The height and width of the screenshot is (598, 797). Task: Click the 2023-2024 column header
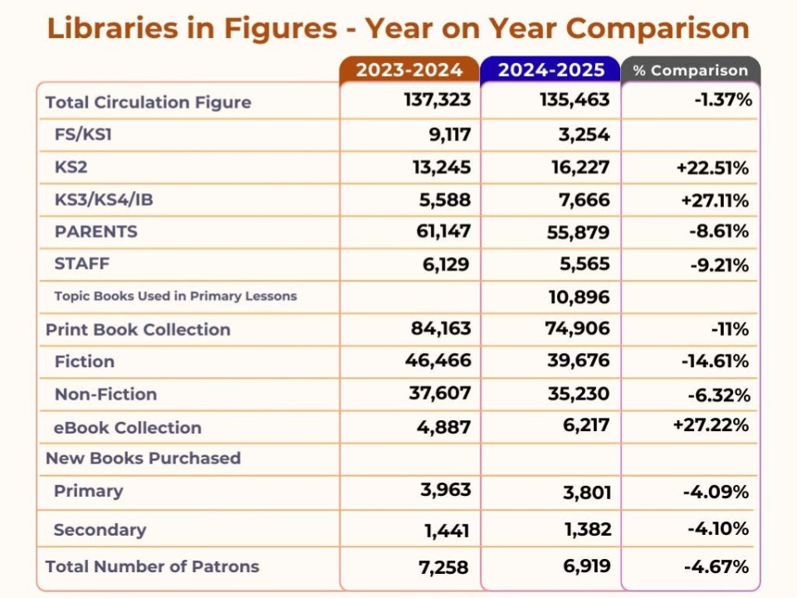[x=409, y=70]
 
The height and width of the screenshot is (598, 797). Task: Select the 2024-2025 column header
[x=550, y=70]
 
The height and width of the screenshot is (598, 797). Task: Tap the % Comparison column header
[x=690, y=71]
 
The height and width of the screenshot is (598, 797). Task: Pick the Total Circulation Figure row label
[x=148, y=102]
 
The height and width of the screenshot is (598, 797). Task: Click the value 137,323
[x=438, y=100]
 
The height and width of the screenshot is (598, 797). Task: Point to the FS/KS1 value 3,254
[x=579, y=134]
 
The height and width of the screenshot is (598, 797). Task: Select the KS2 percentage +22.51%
[x=713, y=168]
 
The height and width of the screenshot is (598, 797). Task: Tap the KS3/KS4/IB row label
[x=105, y=199]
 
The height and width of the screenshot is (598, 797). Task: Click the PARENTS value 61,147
[x=443, y=232]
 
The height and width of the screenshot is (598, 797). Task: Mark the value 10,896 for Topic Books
[x=579, y=297]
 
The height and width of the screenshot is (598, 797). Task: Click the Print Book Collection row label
[x=138, y=329]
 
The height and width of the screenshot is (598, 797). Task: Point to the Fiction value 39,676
[x=579, y=361]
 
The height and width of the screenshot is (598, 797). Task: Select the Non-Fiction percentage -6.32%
[x=718, y=395]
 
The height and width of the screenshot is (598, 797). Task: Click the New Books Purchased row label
[x=143, y=458]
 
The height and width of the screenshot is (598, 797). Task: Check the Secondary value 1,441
[x=447, y=530]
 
